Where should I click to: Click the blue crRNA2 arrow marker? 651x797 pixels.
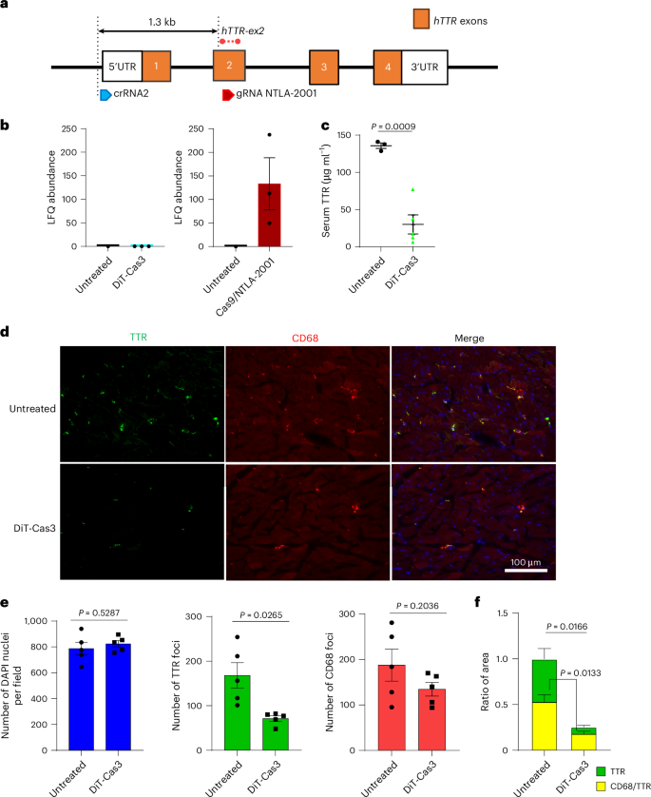(105, 95)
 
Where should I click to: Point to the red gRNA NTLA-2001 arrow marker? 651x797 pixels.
(227, 95)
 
